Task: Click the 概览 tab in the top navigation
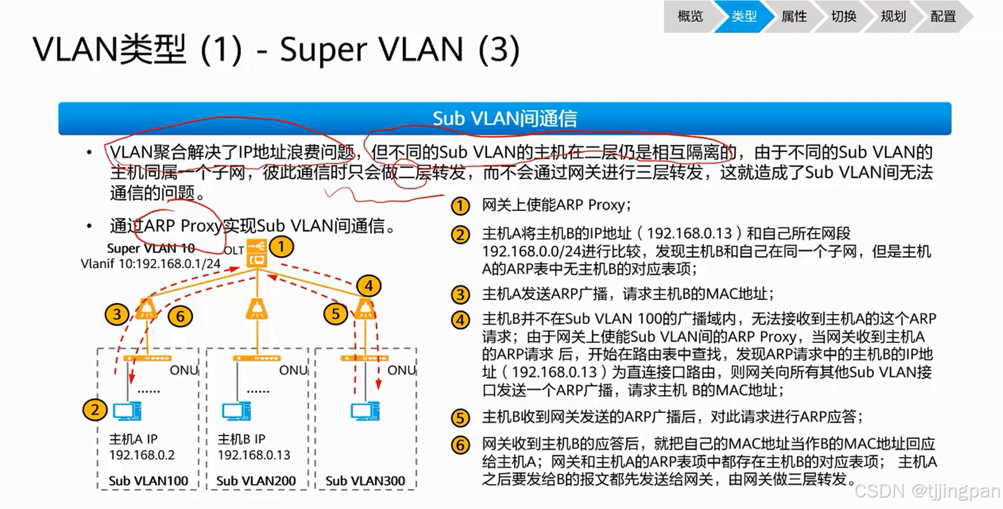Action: pos(690,16)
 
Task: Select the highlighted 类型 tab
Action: pos(744,16)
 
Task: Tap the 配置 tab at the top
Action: pos(943,16)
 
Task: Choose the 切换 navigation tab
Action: pos(844,16)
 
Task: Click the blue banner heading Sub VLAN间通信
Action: pos(505,118)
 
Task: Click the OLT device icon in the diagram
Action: pos(257,253)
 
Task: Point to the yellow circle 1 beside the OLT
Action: pos(281,247)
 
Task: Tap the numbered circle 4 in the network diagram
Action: pos(368,285)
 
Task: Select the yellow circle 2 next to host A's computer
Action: pos(95,410)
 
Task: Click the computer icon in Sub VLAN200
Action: pos(236,412)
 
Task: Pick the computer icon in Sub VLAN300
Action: pos(365,412)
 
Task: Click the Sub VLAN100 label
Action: pos(148,481)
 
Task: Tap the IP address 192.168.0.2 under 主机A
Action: pos(142,455)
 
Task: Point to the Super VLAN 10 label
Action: pos(151,248)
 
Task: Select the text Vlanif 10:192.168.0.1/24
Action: pos(151,264)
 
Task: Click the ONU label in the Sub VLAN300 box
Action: pos(401,370)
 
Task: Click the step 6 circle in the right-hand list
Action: pos(460,445)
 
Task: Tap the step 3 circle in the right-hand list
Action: pos(460,295)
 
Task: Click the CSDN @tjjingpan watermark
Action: pos(926,491)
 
